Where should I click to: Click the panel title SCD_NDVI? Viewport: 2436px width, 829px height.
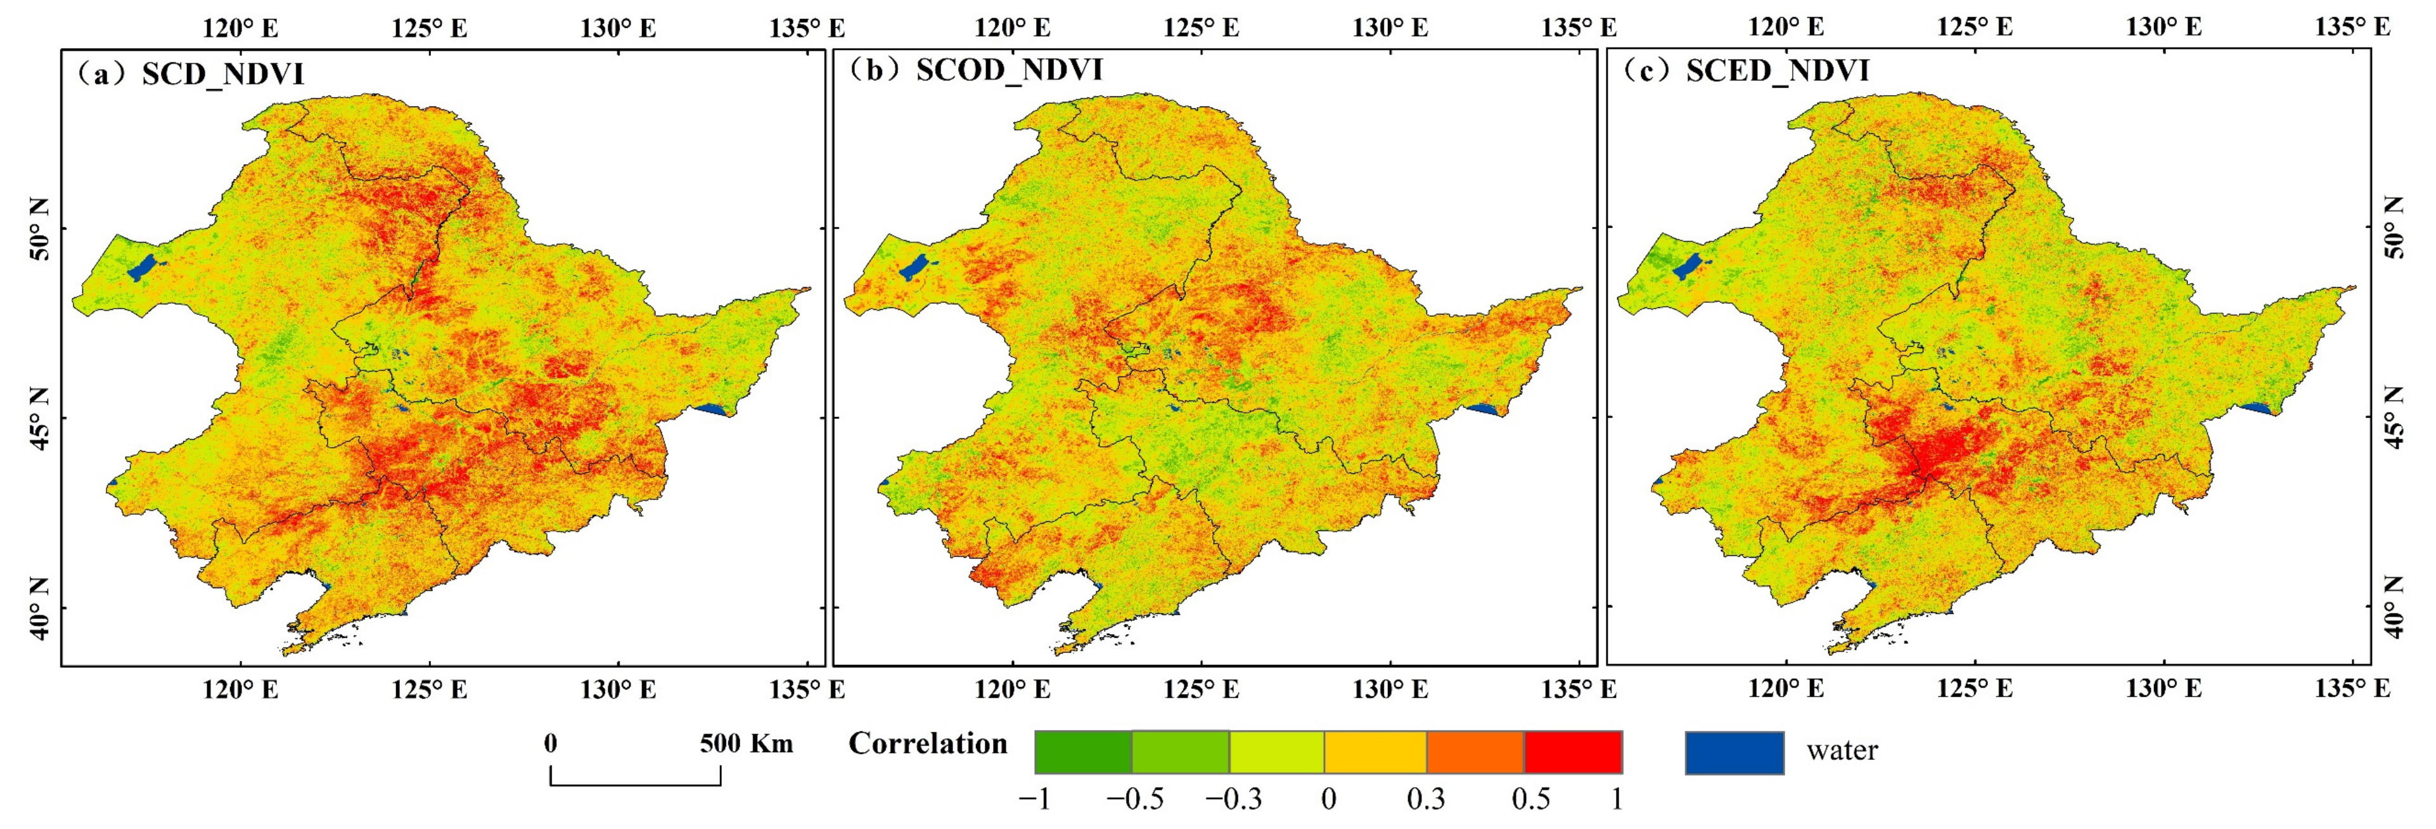pos(222,74)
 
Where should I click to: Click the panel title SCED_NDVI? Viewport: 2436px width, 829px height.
pos(1777,71)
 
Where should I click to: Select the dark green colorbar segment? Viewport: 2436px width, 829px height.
pos(1083,752)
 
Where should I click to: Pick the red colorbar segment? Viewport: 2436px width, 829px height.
pos(1573,752)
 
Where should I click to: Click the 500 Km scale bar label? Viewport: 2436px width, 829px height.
pos(746,744)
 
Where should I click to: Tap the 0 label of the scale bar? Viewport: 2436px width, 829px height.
pos(550,744)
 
